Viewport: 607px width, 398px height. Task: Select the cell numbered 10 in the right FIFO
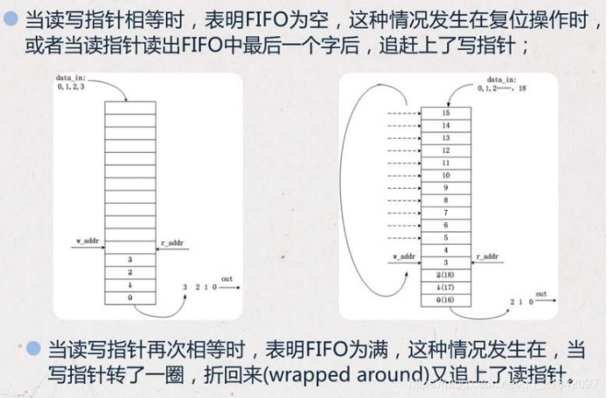[446, 176]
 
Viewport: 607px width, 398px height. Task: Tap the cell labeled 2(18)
[446, 274]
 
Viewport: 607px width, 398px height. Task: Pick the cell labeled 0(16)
[446, 298]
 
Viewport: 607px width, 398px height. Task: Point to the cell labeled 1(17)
[446, 286]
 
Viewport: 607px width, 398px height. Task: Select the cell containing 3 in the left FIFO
[129, 260]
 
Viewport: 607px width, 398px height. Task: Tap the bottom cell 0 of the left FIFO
[129, 297]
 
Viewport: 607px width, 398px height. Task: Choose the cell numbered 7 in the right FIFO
[446, 213]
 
